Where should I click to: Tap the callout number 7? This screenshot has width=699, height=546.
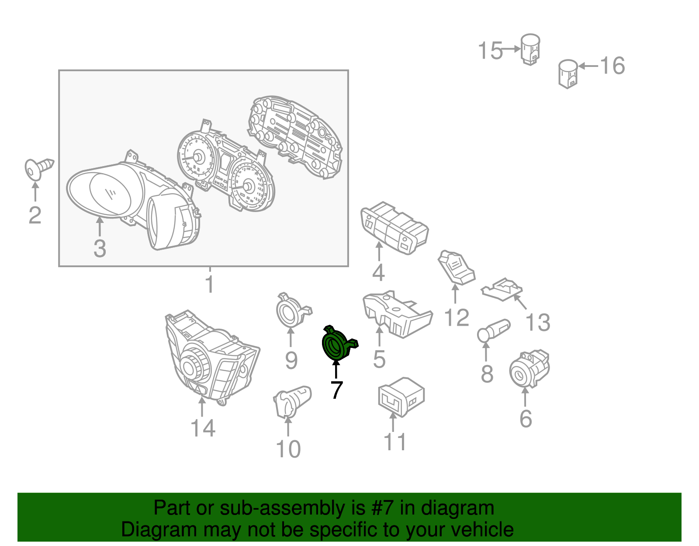pyautogui.click(x=336, y=390)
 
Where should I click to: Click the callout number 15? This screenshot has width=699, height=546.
pyautogui.click(x=490, y=51)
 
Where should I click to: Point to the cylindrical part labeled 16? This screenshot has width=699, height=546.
pyautogui.click(x=568, y=74)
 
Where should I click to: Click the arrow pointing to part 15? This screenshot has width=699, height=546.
pyautogui.click(x=511, y=49)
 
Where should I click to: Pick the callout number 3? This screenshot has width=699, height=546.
pyautogui.click(x=100, y=248)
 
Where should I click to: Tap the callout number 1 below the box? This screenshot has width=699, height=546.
pyautogui.click(x=210, y=284)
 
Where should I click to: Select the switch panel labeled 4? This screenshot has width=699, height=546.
pyautogui.click(x=394, y=228)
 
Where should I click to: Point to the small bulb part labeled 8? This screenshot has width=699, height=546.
pyautogui.click(x=493, y=331)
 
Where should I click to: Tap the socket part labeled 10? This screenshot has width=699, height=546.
pyautogui.click(x=292, y=402)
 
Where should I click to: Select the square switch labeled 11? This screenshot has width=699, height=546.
pyautogui.click(x=401, y=397)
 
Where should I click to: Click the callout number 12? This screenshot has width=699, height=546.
pyautogui.click(x=457, y=317)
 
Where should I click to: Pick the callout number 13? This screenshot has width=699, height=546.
pyautogui.click(x=538, y=322)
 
